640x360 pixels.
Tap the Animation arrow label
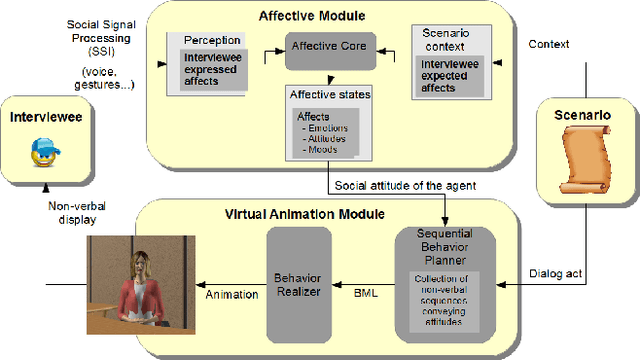tap(229, 296)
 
